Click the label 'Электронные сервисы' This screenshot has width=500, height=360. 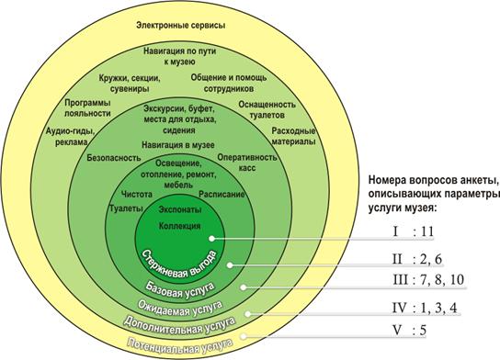pos(181,26)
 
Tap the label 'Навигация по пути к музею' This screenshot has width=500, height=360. pos(179,56)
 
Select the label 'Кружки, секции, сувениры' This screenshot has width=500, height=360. pos(130,84)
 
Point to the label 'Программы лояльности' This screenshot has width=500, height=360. pos(87,108)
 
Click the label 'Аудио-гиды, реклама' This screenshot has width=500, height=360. pos(71,136)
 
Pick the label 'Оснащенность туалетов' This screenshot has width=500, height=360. pos(267,109)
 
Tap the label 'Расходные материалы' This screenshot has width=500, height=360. pos(293,136)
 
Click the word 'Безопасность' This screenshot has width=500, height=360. pos(114,158)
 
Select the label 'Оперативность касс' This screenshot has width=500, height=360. pos(247,163)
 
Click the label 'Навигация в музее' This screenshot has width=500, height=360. pos(178,145)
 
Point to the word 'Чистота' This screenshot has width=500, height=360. pos(137,195)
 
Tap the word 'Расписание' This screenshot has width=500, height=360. pos(222,195)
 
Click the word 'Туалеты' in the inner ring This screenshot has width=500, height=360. pos(126,208)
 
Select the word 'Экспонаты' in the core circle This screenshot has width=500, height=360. pos(180,209)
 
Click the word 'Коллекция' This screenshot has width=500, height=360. pos(180,226)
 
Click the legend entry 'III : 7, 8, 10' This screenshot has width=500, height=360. pos(428,280)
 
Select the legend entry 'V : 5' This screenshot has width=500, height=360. pos(409,330)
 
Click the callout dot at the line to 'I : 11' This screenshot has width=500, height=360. pos(211,238)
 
